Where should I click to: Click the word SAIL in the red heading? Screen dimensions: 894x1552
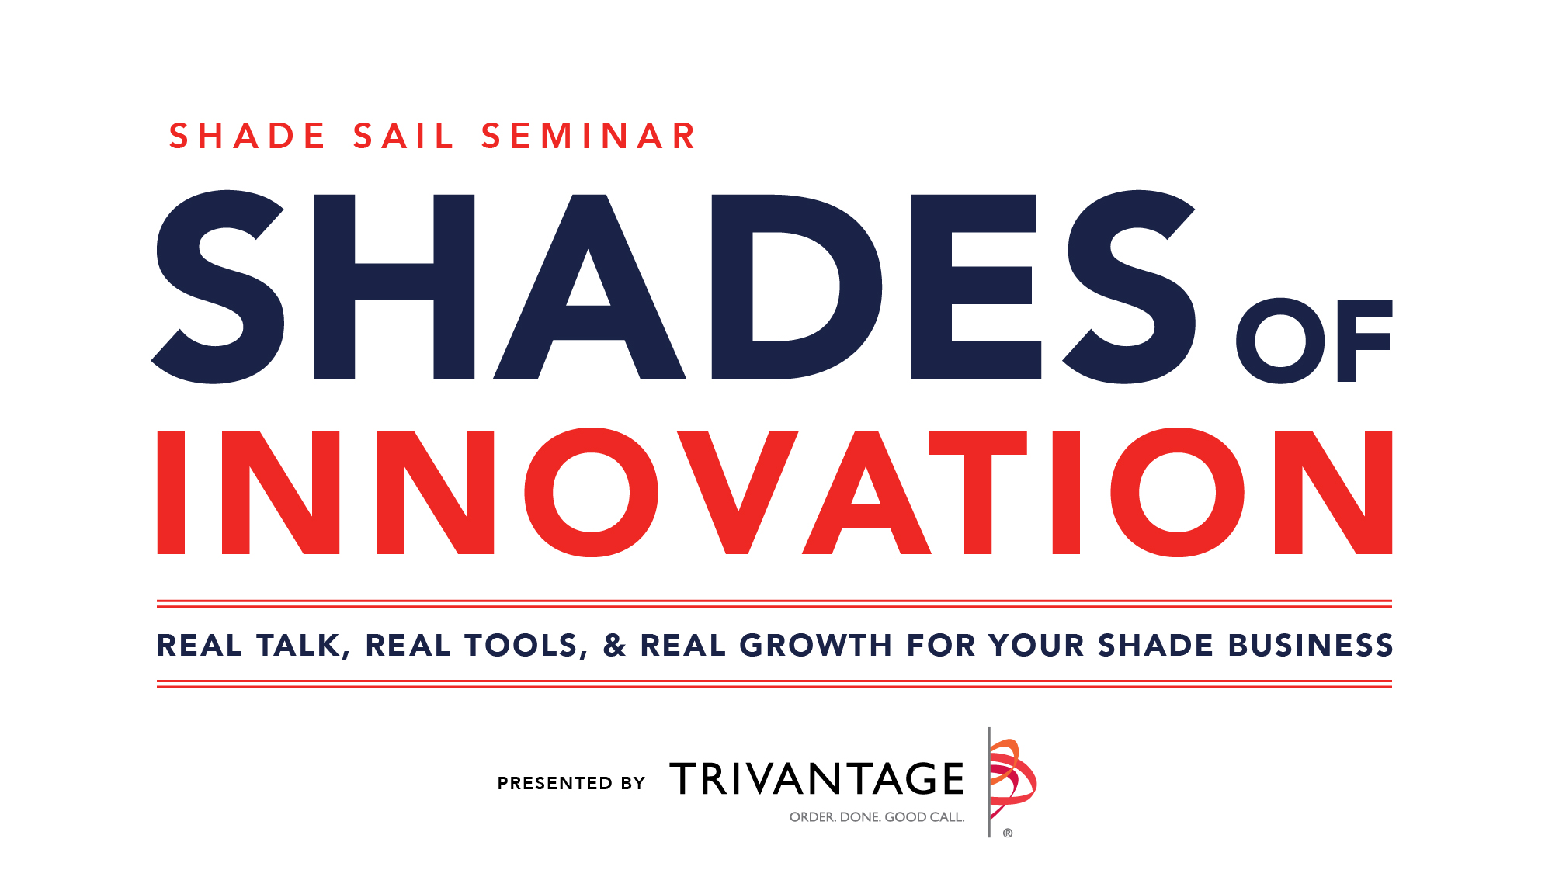pyautogui.click(x=403, y=137)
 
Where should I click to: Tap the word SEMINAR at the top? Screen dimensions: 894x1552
pyautogui.click(x=589, y=137)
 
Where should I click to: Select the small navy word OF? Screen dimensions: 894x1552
pyautogui.click(x=1314, y=341)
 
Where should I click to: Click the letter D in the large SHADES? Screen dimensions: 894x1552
pyautogui.click(x=795, y=287)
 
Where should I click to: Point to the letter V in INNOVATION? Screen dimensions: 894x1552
pyautogui.click(x=738, y=492)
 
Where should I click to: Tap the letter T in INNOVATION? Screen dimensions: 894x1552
pyautogui.click(x=977, y=492)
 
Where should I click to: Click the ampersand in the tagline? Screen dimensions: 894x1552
pyautogui.click(x=614, y=646)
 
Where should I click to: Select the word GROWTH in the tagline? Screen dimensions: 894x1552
pyautogui.click(x=815, y=646)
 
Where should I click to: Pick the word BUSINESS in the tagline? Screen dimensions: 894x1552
pyautogui.click(x=1311, y=646)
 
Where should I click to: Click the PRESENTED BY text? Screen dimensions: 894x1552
pyautogui.click(x=571, y=783)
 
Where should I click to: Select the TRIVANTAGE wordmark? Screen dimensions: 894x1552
pyautogui.click(x=817, y=778)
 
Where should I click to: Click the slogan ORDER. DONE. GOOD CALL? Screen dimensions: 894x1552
pyautogui.click(x=877, y=817)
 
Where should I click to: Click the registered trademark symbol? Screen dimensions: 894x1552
pyautogui.click(x=1008, y=833)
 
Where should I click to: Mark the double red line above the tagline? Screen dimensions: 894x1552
pyautogui.click(x=774, y=604)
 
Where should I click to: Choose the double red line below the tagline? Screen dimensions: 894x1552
pyautogui.click(x=774, y=684)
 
